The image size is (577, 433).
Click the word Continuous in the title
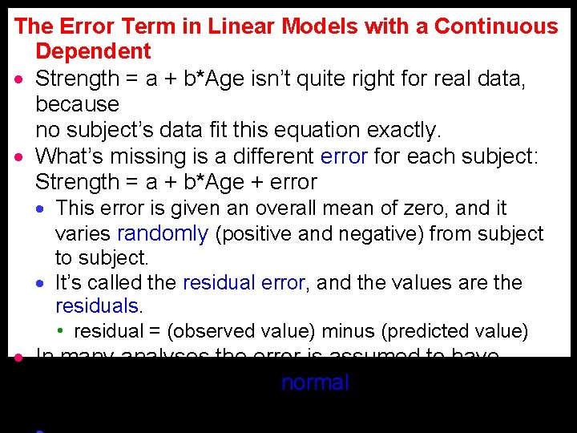pos(496,26)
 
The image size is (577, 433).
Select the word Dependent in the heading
pos(93,52)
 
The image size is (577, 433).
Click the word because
pos(77,104)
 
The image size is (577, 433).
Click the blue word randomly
pos(163,234)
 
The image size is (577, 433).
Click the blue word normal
pos(315,383)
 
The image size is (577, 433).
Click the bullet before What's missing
pos(18,156)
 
